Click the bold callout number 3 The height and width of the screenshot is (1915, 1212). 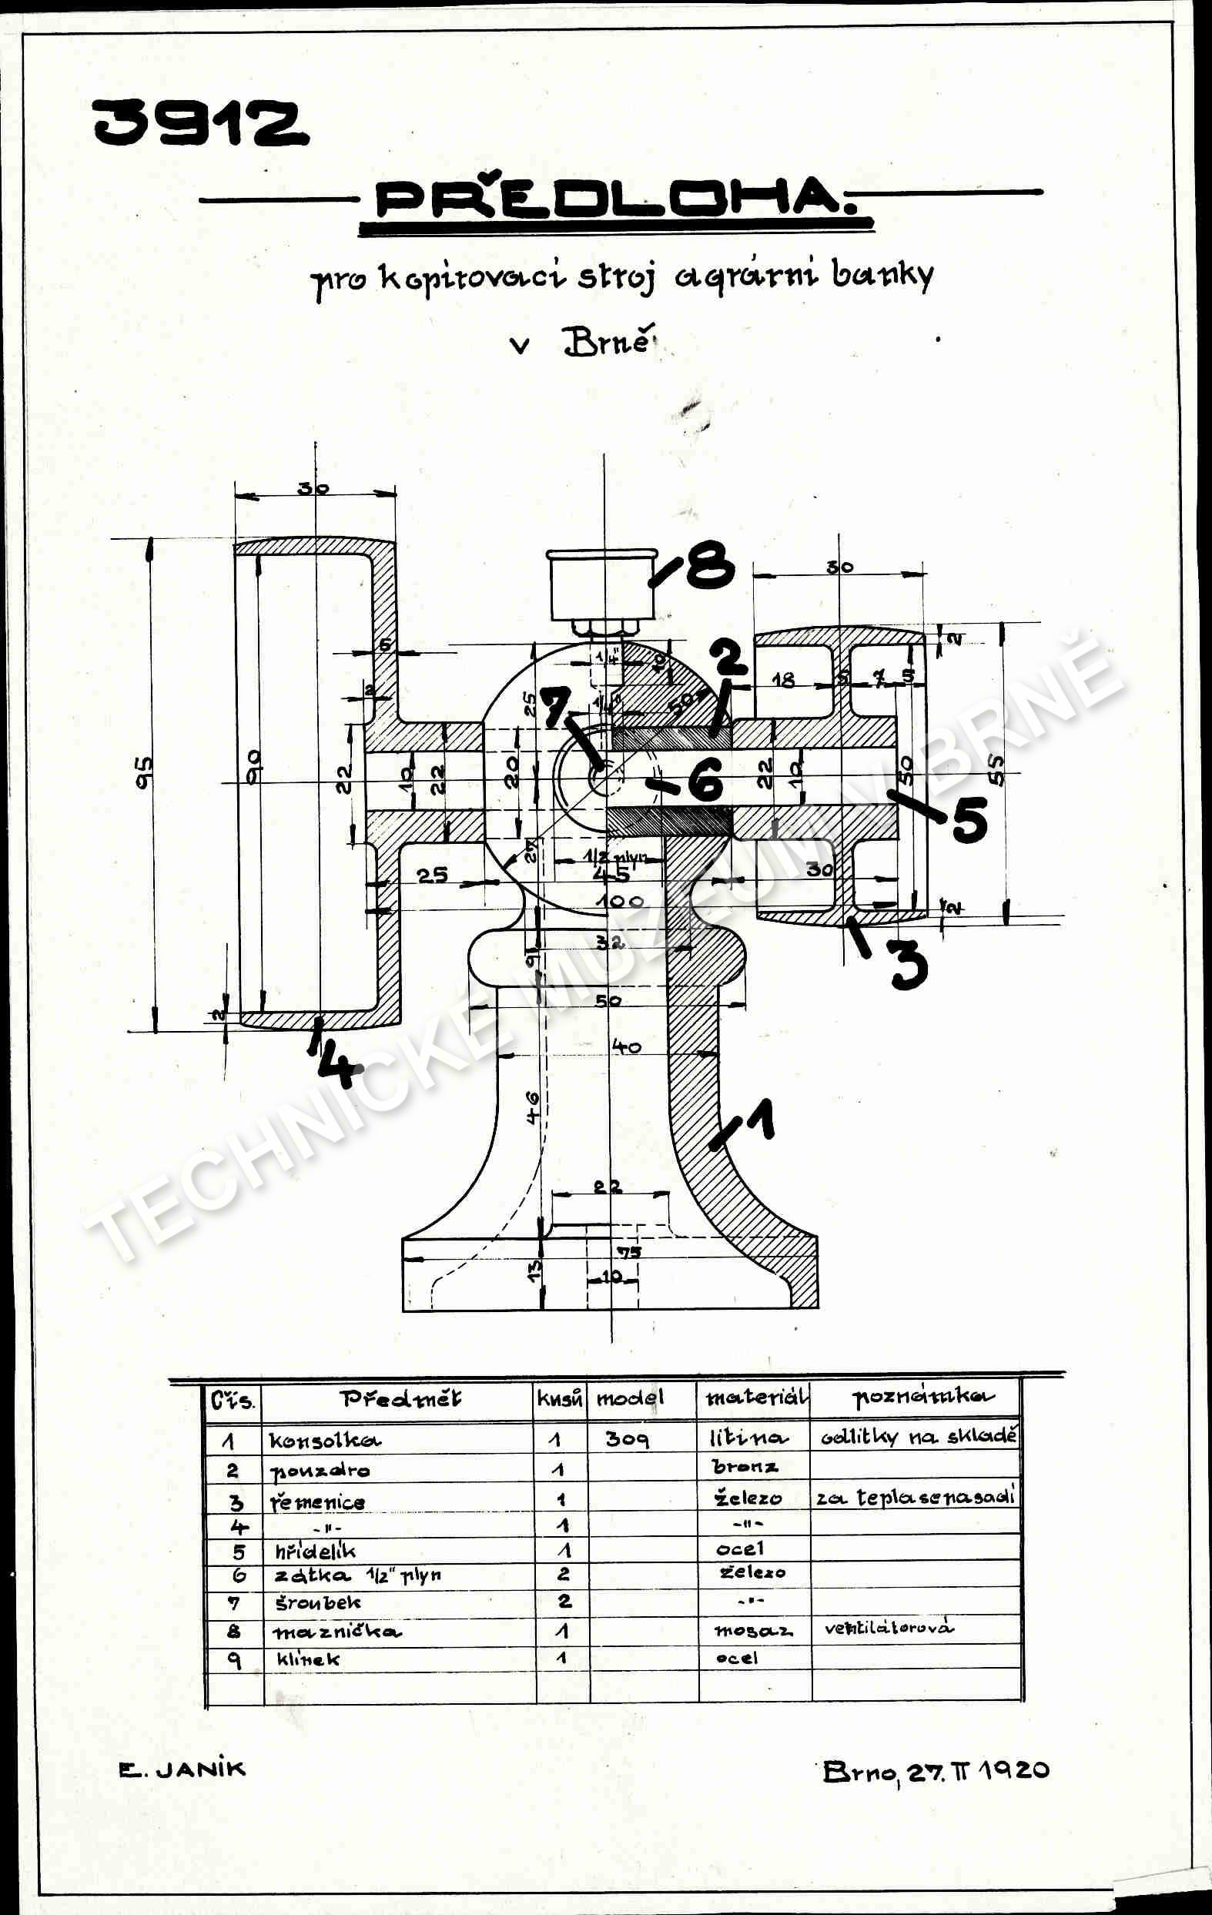coord(907,964)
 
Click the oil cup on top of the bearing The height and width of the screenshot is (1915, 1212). coord(602,584)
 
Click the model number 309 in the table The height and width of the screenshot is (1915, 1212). coord(628,1438)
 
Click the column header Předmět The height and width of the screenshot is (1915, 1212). coord(401,1399)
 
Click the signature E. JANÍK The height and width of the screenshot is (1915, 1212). coord(182,1769)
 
